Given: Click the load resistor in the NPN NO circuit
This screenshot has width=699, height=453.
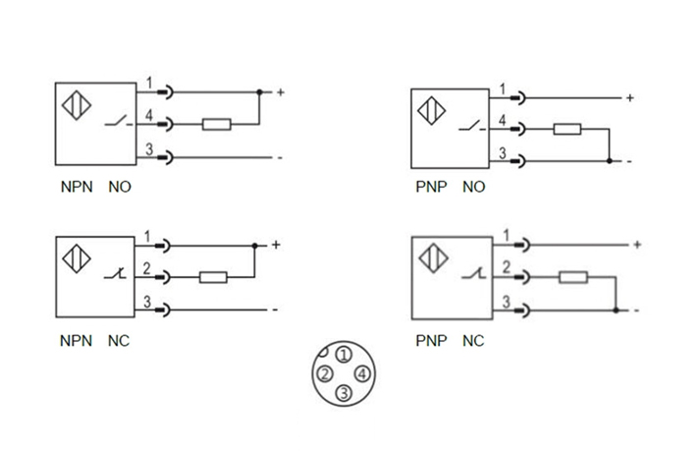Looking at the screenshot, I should [216, 125].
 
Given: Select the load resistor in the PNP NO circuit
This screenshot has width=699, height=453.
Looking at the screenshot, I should [567, 129].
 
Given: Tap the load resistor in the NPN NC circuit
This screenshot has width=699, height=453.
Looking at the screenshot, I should [213, 277].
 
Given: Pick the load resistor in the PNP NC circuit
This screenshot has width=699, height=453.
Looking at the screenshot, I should [573, 278].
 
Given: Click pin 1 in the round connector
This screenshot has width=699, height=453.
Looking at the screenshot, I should [343, 355].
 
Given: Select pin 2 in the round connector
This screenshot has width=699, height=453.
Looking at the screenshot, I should [323, 374].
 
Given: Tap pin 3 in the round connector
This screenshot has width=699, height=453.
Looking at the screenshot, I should [343, 394].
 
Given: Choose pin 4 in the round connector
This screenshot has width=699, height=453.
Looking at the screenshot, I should [362, 374].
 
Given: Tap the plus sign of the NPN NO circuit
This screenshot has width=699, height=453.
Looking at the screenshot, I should [280, 93].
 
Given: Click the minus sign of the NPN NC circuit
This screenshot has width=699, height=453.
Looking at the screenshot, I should [276, 310].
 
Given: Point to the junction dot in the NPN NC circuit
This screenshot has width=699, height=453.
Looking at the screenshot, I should [254, 245].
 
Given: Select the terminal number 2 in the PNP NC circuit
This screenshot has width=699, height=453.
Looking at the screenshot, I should [506, 266].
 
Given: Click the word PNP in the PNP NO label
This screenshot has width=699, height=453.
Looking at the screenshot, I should [429, 187].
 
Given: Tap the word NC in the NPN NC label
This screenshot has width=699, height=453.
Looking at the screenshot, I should [118, 341].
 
